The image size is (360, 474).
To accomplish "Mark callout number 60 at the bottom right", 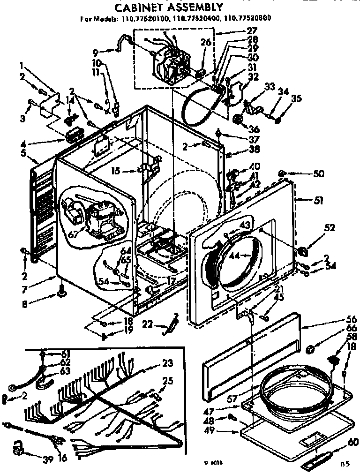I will pos(353,442).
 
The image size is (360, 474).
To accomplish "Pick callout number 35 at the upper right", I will pos(296,99).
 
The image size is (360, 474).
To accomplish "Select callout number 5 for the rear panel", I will pos(23,152).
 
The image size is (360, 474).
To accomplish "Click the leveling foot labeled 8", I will pos(61,293).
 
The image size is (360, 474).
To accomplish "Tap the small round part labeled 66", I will pos(309,349).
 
